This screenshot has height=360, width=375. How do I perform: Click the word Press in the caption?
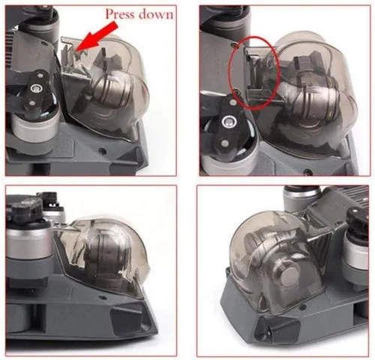tap(120, 14)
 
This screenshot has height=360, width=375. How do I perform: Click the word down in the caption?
tap(155, 14)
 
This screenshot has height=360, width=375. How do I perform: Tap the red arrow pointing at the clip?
tap(97, 36)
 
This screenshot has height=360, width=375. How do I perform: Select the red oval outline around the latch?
tap(254, 73)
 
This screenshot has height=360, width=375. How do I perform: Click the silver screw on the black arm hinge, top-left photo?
tap(34, 88)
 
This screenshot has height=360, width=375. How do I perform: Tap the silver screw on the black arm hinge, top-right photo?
tap(227, 121)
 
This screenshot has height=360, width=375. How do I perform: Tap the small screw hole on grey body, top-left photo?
tap(101, 151)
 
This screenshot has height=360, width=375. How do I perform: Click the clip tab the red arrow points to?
tap(68, 55)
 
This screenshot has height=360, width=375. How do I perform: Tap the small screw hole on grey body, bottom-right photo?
tap(302, 306)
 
